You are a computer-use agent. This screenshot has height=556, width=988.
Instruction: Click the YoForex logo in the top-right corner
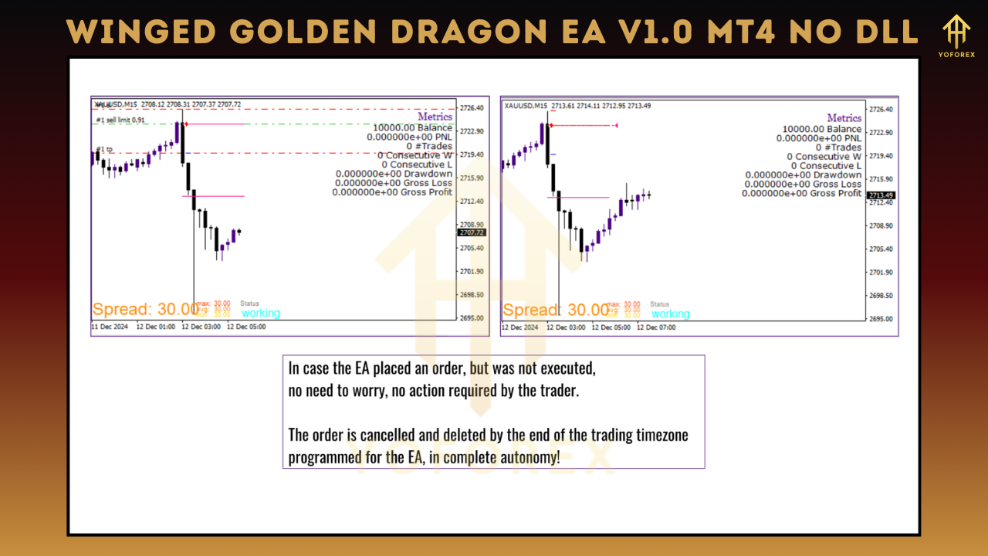coord(957,35)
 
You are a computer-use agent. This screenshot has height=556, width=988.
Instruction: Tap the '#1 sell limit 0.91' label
coord(120,120)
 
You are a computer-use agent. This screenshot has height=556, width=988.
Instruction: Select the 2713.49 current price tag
coord(880,195)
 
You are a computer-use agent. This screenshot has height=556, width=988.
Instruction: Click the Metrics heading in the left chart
coord(435,117)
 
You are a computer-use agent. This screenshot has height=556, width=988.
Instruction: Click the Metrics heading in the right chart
coord(844,118)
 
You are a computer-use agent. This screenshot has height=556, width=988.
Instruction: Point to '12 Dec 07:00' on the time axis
coord(656,327)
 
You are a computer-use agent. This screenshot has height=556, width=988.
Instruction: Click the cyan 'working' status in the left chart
coord(260,314)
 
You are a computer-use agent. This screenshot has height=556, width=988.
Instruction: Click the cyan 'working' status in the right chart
coord(670,314)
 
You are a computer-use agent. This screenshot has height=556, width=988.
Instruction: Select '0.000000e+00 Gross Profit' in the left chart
coord(392,192)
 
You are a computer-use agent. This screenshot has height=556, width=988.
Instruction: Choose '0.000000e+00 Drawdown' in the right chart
coord(803,175)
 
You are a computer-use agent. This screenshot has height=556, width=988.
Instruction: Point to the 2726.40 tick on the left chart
coord(472,108)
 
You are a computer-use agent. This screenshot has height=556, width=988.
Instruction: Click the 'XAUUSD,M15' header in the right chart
coord(526,106)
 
